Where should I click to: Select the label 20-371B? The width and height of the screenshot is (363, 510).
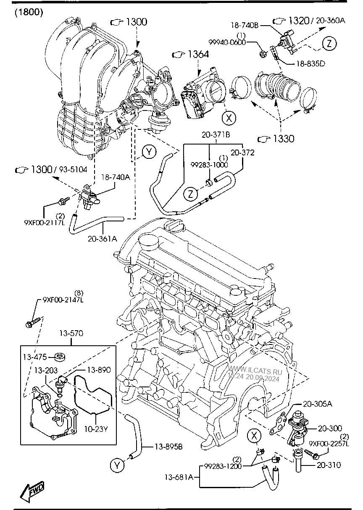pos(216,135)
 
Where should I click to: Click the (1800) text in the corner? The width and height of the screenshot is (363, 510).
pos(29,12)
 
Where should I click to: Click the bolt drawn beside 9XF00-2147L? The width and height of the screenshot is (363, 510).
pos(33,323)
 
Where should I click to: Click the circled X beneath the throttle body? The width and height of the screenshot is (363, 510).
pos(229,118)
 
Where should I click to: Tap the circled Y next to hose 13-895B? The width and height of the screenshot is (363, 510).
pos(118,465)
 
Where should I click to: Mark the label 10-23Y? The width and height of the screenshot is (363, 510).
pos(97,430)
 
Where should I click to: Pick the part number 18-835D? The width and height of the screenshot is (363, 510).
pos(311,64)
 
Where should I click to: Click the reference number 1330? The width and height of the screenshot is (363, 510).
pos(281,138)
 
